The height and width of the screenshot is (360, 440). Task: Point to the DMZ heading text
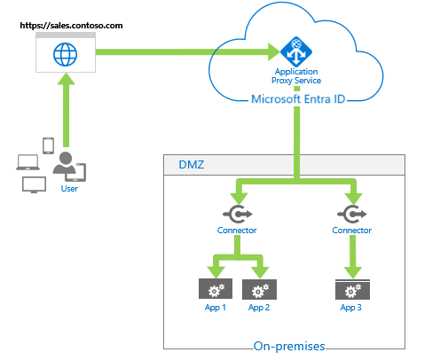[x=189, y=165]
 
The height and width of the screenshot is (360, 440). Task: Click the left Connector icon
[x=237, y=214]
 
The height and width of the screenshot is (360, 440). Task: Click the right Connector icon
[x=352, y=214]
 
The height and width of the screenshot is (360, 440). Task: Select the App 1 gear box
[x=214, y=290]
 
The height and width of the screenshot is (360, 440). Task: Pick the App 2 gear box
[x=259, y=290]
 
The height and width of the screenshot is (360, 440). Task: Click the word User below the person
[x=69, y=189]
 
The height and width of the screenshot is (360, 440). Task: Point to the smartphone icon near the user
[x=48, y=145]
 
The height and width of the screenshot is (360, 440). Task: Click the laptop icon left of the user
[x=27, y=161]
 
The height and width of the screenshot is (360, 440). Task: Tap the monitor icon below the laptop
[x=34, y=185]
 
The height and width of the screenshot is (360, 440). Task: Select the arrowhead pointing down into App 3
[x=352, y=271]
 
